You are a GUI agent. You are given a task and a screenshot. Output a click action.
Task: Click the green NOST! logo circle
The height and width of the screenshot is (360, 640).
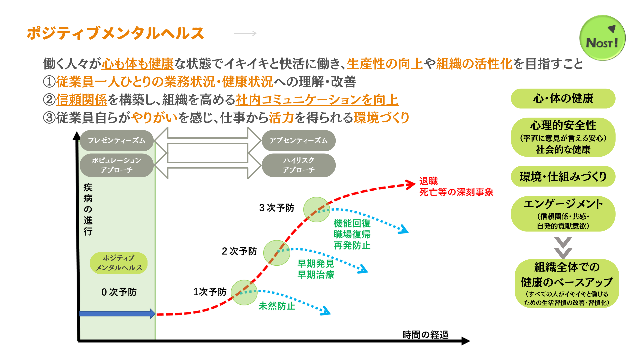(602, 38)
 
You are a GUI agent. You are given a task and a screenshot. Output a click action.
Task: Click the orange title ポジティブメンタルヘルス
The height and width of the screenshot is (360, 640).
(115, 33)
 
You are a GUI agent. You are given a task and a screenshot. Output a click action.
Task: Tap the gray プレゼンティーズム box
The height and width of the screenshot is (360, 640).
(117, 140)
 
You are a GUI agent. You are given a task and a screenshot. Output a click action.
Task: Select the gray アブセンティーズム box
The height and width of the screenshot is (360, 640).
(298, 140)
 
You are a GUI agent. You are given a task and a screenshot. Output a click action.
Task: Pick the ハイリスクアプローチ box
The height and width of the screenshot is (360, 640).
(298, 165)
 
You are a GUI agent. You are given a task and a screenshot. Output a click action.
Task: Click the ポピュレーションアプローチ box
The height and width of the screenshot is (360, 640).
(117, 165)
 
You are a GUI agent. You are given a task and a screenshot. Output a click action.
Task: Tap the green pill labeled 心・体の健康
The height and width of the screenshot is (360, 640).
(563, 98)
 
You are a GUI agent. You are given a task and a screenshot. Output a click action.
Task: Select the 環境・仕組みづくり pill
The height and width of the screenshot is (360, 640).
(563, 176)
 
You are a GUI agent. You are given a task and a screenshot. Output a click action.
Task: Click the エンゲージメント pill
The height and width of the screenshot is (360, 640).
(563, 214)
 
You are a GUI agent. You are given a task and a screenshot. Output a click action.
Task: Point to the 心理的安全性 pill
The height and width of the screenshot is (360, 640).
(563, 137)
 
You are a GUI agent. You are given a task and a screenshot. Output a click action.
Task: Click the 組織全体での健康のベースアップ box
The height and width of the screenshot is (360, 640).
(567, 283)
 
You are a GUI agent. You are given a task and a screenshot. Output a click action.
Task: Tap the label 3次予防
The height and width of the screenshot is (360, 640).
(277, 208)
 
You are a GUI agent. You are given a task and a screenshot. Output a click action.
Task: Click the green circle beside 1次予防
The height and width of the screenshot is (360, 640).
(244, 292)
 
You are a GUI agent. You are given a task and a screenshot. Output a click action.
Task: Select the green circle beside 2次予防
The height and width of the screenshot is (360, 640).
(277, 253)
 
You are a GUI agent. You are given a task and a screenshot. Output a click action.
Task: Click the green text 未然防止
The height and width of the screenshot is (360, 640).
(277, 306)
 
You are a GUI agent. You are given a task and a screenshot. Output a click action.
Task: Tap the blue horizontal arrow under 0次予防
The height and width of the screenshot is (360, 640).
(117, 313)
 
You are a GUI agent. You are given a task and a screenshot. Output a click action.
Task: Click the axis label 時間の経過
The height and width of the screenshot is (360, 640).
(425, 334)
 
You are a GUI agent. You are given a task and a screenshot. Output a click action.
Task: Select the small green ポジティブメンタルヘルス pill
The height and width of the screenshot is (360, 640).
(119, 263)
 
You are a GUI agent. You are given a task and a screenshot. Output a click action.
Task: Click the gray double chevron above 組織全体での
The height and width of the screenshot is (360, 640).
(563, 248)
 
